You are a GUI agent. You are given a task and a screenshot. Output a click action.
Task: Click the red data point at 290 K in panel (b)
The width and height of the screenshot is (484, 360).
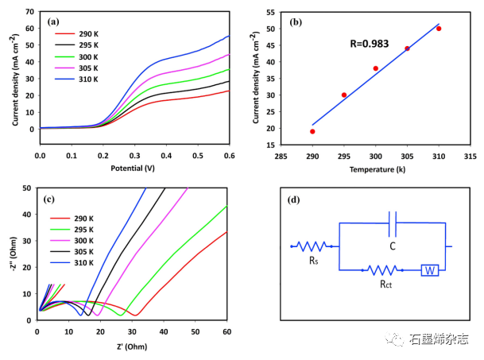click(312, 131)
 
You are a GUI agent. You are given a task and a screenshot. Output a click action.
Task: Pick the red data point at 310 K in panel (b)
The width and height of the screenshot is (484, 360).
click(439, 29)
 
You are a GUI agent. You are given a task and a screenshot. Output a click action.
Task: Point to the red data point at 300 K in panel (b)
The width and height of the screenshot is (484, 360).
click(376, 68)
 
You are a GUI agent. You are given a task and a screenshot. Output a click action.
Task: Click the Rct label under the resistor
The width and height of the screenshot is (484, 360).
click(384, 284)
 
